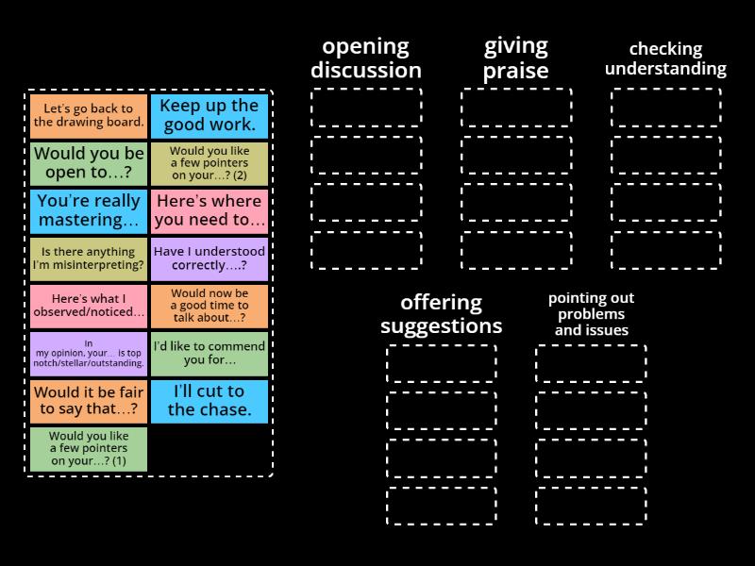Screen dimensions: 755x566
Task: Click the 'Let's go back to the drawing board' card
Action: point(89,116)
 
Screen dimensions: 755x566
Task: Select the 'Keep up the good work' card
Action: point(210,116)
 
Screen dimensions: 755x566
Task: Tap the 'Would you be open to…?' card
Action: point(89,163)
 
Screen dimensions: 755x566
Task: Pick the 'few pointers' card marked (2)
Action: point(210,163)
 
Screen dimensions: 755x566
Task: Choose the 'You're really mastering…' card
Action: point(89,211)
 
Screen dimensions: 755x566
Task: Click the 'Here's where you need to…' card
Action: point(210,211)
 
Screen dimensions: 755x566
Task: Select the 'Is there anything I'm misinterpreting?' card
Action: point(89,258)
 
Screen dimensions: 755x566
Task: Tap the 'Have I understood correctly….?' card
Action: point(210,258)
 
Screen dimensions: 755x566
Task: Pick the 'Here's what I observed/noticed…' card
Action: point(89,307)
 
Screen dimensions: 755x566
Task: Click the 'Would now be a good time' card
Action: point(210,307)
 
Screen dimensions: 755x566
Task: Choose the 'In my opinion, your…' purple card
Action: point(89,354)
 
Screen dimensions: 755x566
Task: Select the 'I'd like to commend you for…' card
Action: point(210,354)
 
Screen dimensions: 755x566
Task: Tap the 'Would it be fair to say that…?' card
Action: point(89,402)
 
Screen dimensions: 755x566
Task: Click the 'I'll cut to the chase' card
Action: point(210,402)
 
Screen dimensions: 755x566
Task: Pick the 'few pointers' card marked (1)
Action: point(89,449)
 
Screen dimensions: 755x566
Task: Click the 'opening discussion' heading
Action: point(366,58)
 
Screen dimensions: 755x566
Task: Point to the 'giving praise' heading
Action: point(515,58)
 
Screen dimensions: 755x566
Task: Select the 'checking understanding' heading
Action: point(666,59)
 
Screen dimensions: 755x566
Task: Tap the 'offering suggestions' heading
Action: point(441,314)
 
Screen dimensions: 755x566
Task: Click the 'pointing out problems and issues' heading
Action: point(592,314)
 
